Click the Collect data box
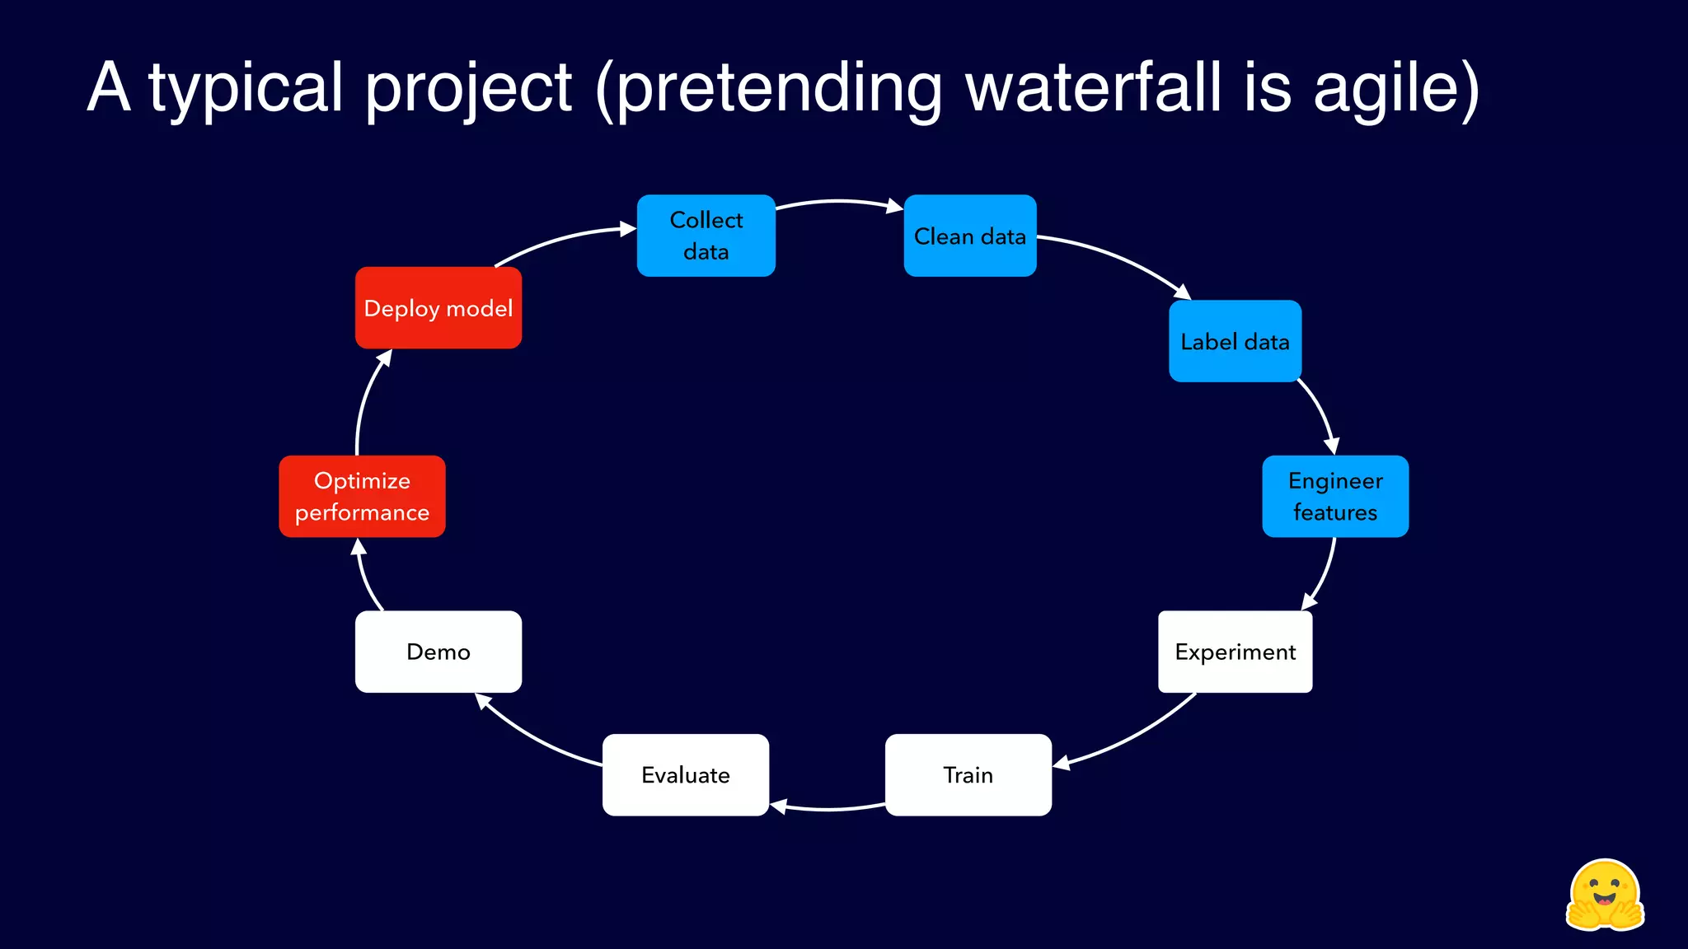click(x=706, y=236)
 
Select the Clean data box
click(x=969, y=236)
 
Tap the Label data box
click(x=1235, y=341)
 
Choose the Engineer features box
click(x=1334, y=496)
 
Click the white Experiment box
click(x=1235, y=652)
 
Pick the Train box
click(x=968, y=774)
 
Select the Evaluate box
click(x=685, y=774)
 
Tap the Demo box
click(x=438, y=652)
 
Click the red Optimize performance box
click(x=362, y=496)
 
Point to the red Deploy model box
click(x=438, y=308)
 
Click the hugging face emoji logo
click(x=1604, y=896)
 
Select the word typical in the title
click(x=246, y=88)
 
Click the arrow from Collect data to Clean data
click(x=838, y=201)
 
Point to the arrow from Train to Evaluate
click(x=828, y=809)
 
